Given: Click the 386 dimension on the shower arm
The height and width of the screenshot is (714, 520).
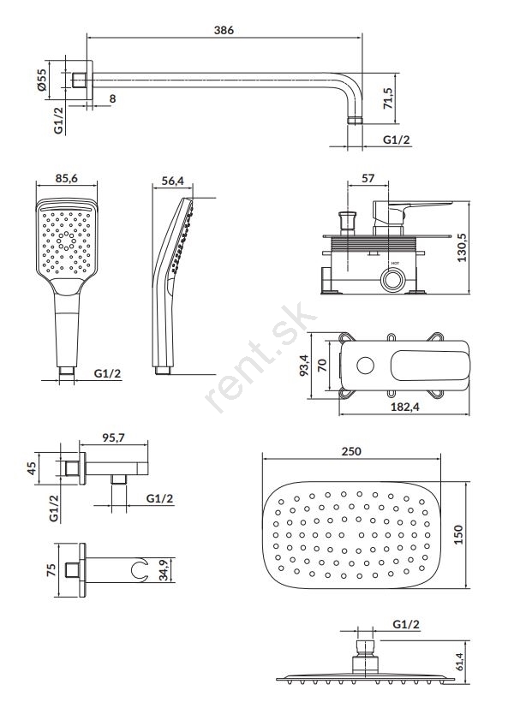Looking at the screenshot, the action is pyautogui.click(x=224, y=30).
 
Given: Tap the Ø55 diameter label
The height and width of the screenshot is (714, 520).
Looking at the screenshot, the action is pyautogui.click(x=41, y=80).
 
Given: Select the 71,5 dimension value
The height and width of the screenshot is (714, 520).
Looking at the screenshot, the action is pyautogui.click(x=388, y=98).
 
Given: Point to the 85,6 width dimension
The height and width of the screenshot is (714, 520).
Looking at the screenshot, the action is pyautogui.click(x=67, y=178).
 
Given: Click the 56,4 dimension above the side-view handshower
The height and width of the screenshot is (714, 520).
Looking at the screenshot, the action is pyautogui.click(x=173, y=181).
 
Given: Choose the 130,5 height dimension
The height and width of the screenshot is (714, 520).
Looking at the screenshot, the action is pyautogui.click(x=462, y=247).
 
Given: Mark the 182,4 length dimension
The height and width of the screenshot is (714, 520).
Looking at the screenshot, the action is pyautogui.click(x=404, y=407).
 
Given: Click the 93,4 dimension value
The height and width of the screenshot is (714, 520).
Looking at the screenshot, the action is pyautogui.click(x=304, y=365).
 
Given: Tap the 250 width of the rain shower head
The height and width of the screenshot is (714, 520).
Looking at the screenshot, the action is pyautogui.click(x=351, y=451).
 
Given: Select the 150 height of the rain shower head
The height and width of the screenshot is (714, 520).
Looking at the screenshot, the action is pyautogui.click(x=458, y=534).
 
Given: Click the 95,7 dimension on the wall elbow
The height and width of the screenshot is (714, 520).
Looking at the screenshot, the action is pyautogui.click(x=113, y=438).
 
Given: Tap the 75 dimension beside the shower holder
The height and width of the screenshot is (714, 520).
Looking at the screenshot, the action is pyautogui.click(x=51, y=570).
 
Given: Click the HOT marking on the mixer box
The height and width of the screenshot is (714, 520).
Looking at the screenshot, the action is pyautogui.click(x=395, y=263).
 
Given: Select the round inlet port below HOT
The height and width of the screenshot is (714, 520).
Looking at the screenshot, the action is pyautogui.click(x=392, y=279).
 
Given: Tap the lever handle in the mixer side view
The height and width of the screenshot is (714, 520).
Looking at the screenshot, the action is pyautogui.click(x=411, y=211).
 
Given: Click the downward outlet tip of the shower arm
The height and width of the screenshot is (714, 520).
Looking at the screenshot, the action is pyautogui.click(x=355, y=120).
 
